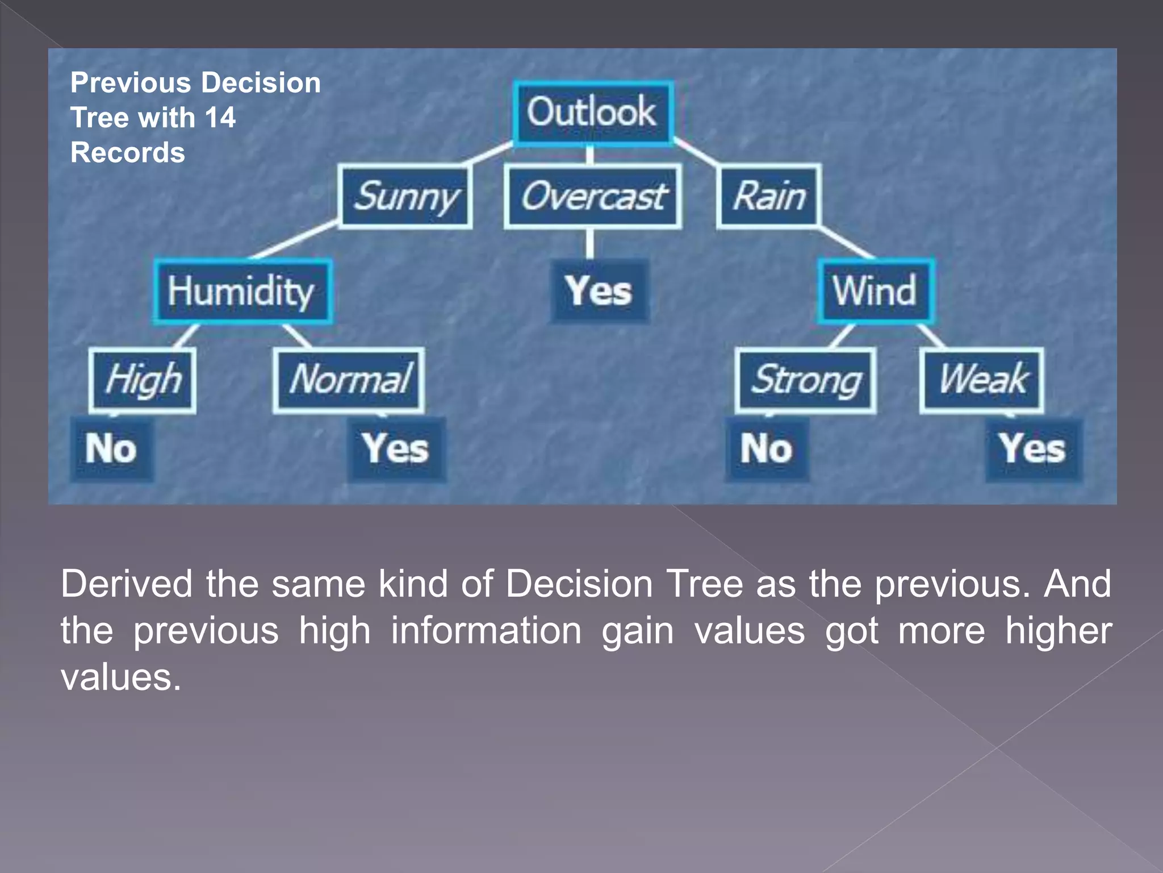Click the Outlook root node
coord(592,113)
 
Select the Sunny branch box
coord(405,197)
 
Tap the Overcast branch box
coord(593,197)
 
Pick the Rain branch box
coord(769,197)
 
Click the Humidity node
coord(242,292)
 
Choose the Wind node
coord(875,292)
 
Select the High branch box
coord(143,380)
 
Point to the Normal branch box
coord(349,380)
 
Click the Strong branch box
coord(805,380)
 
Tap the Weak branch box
coord(982,380)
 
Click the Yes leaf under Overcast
coord(599,292)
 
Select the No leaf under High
coord(112,449)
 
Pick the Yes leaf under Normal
coord(396,449)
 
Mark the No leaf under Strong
coord(767,449)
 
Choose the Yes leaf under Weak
coord(1033,449)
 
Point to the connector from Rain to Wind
coord(846,243)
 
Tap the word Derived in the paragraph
coord(126,584)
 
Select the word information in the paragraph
coord(486,631)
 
